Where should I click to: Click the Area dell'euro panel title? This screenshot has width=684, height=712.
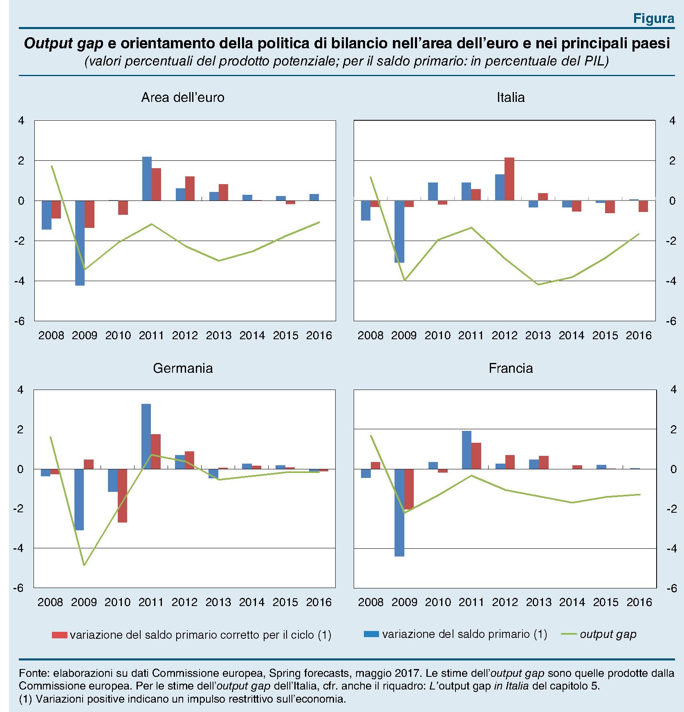tap(183, 97)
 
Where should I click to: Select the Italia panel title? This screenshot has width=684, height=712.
tap(510, 97)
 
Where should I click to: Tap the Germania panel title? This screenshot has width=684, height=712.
tap(183, 368)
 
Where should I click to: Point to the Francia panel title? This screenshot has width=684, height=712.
tap(511, 368)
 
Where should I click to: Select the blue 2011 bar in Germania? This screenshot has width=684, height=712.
tap(146, 436)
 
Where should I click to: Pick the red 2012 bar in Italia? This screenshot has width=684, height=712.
tap(509, 179)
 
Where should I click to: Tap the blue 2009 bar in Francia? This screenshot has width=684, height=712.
tap(399, 512)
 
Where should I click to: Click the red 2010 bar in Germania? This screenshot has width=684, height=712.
tap(122, 496)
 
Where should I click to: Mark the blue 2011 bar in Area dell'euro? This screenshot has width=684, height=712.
tap(147, 178)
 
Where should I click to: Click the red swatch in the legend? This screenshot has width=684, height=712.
tap(59, 635)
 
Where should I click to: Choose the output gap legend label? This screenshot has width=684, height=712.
tap(608, 634)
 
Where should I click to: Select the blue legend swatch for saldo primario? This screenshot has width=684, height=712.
tap(371, 634)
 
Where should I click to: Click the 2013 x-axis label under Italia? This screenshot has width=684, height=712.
tap(538, 336)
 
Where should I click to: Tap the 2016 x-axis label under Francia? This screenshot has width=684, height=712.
tap(639, 602)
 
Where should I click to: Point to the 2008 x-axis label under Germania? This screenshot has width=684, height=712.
tap(50, 602)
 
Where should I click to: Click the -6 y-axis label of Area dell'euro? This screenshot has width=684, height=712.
tap(20, 321)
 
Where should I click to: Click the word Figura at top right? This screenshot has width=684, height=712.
tap(653, 18)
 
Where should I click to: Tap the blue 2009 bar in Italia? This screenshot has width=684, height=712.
tap(399, 232)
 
